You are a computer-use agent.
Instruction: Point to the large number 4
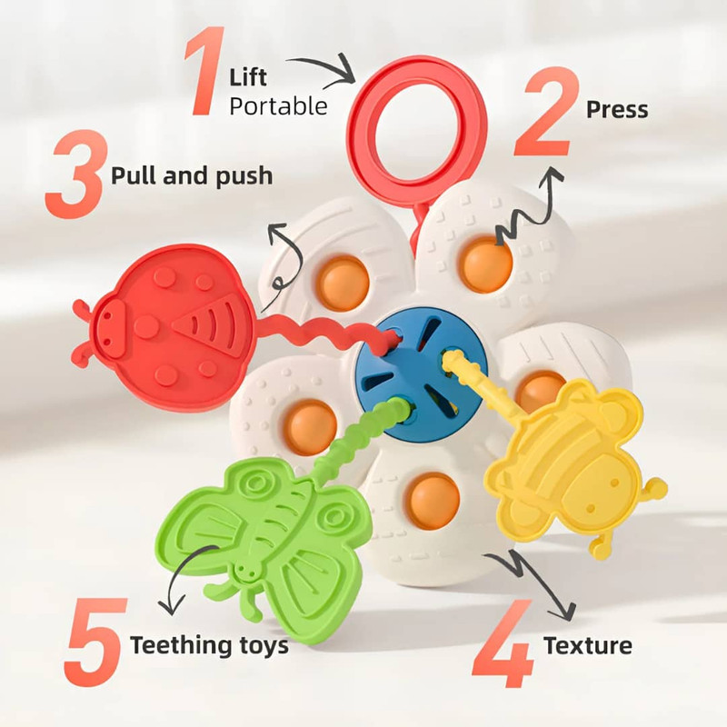[x=503, y=643]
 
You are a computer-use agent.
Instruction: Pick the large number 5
[x=95, y=642]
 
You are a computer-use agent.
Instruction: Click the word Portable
[x=279, y=106]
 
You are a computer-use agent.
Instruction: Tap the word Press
[x=617, y=110]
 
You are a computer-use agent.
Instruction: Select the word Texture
[x=588, y=645]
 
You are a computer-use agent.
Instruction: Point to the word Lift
[x=248, y=77]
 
